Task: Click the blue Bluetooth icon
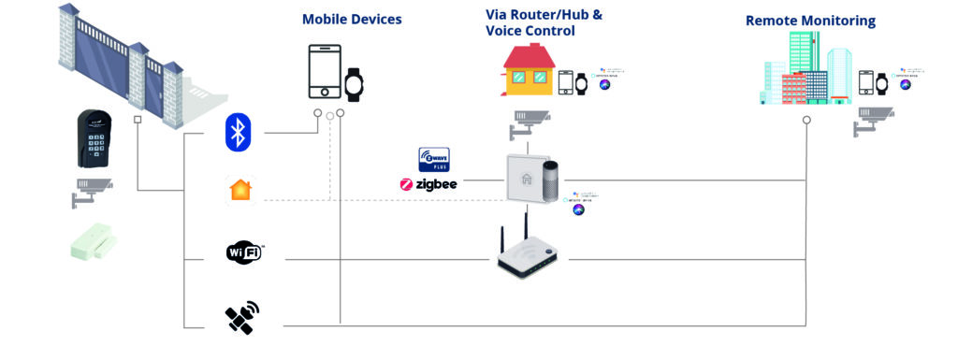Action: (239, 132)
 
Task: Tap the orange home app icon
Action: (239, 190)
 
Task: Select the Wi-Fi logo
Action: (245, 252)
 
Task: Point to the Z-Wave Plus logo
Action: (434, 159)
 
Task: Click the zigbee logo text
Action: (428, 184)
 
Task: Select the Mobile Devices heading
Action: (352, 19)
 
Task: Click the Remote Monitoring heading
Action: (810, 20)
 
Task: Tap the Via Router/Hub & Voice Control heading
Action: (530, 22)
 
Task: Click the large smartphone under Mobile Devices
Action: (325, 71)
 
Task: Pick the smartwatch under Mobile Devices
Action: (354, 84)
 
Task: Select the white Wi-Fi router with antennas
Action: (530, 251)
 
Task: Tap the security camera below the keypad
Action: (92, 190)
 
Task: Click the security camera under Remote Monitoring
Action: (873, 120)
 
